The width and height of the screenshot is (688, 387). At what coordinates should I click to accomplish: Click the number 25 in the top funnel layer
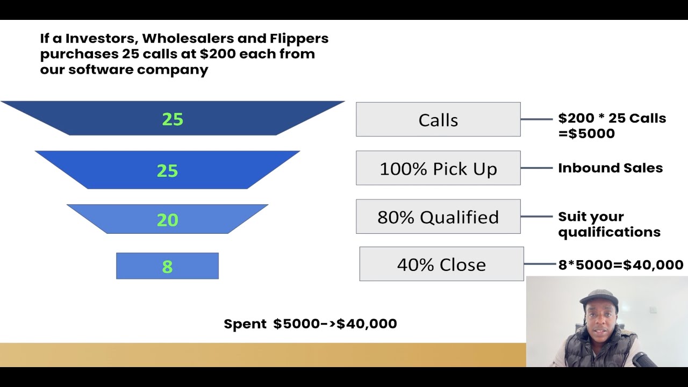(x=173, y=119)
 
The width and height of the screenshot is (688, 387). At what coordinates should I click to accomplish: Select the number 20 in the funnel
(x=167, y=220)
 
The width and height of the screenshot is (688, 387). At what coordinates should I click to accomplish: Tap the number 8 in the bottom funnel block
(x=167, y=267)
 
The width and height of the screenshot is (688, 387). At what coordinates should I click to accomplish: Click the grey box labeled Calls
(x=438, y=119)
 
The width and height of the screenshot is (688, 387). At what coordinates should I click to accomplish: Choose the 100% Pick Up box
(x=438, y=168)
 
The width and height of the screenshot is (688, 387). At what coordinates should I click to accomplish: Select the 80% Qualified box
(x=438, y=217)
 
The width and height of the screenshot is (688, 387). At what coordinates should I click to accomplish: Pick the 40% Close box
(x=441, y=264)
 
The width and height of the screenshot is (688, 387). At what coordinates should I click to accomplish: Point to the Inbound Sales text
(x=610, y=168)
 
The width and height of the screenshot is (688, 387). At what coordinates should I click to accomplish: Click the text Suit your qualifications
(x=609, y=224)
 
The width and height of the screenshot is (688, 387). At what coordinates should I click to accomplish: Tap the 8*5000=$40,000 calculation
(x=621, y=264)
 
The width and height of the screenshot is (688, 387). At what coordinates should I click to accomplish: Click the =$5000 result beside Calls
(x=586, y=133)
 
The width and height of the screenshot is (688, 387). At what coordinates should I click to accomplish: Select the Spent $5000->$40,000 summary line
(x=310, y=324)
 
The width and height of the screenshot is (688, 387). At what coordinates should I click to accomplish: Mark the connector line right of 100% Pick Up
(x=536, y=168)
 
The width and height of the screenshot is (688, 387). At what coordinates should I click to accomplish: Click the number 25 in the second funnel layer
(x=167, y=171)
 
